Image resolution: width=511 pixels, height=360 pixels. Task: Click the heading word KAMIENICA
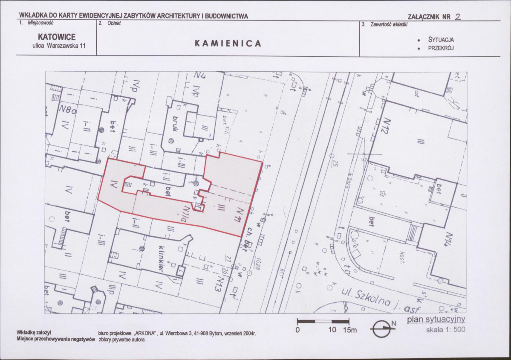click(x=228, y=44)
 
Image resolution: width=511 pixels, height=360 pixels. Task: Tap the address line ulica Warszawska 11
click(x=59, y=46)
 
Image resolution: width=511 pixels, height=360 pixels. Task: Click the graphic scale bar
click(x=323, y=321)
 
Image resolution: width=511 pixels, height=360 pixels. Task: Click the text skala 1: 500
click(x=446, y=330)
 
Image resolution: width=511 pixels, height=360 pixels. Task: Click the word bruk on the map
click(x=174, y=123)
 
